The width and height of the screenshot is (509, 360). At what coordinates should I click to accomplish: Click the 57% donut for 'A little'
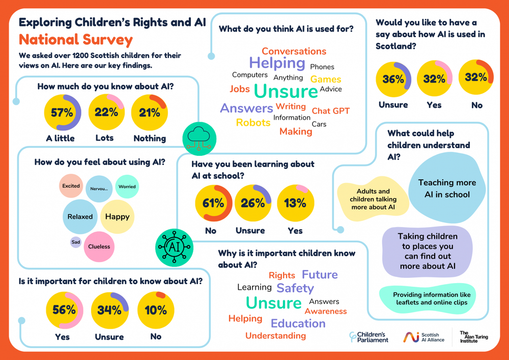click(x=63, y=113)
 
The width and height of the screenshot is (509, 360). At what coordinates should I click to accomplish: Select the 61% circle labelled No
click(x=214, y=203)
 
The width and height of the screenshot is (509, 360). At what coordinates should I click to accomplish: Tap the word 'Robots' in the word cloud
click(x=253, y=123)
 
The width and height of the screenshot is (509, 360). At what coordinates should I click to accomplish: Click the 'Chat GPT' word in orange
click(x=330, y=110)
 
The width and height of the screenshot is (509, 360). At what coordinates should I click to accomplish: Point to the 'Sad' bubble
click(x=76, y=242)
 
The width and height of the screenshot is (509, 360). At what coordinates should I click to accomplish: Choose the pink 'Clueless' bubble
click(x=99, y=246)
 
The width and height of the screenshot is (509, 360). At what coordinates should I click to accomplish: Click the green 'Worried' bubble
click(x=127, y=186)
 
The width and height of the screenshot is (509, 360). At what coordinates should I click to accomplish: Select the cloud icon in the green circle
click(x=199, y=137)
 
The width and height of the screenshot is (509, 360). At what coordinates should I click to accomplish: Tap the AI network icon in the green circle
click(x=174, y=248)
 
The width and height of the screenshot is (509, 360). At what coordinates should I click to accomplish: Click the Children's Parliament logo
click(x=369, y=337)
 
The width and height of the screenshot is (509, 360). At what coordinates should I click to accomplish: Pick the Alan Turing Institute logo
click(x=473, y=337)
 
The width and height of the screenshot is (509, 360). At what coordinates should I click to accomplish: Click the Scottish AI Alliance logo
click(x=424, y=337)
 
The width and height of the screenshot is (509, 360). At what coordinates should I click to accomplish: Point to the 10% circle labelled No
click(x=155, y=310)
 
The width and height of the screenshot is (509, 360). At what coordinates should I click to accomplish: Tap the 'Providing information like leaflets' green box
click(x=432, y=298)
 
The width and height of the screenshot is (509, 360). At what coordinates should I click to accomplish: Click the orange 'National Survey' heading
click(x=75, y=39)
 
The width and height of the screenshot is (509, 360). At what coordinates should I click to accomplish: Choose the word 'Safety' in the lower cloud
click(x=295, y=288)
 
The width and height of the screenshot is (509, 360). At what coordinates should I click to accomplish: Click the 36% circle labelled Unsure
click(x=393, y=79)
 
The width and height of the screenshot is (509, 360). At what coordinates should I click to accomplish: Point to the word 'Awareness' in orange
click(x=326, y=311)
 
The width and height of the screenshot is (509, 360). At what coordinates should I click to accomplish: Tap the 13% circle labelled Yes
click(x=295, y=203)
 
